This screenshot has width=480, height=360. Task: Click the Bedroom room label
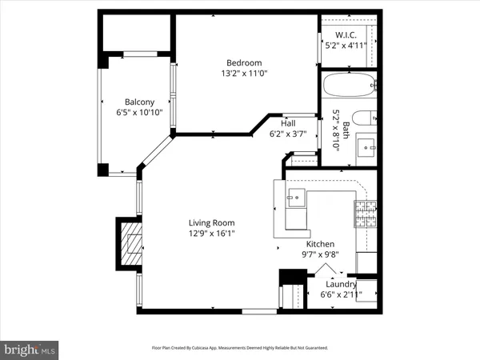point(243,62)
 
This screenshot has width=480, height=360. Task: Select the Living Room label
point(211,222)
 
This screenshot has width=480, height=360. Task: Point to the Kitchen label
point(320,244)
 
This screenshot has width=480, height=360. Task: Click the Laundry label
point(341,283)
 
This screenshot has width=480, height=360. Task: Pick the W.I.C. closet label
point(346,34)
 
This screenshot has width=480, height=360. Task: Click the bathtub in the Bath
point(348,84)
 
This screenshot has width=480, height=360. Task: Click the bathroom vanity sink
point(366,146)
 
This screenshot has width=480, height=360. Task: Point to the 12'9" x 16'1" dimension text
point(211,234)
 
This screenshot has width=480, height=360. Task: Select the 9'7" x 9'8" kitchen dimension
point(320,255)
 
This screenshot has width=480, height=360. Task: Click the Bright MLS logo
point(30,349)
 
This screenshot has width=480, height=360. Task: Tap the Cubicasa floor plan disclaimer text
point(240,348)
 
